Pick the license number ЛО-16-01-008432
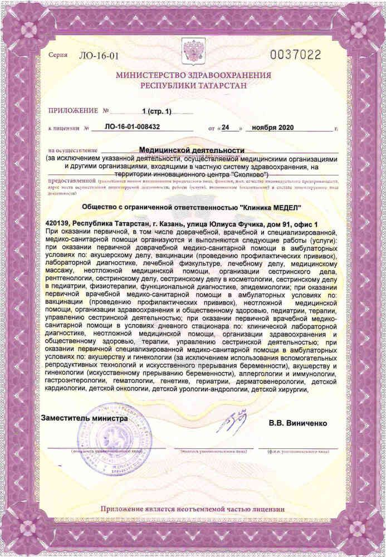(x=133, y=127)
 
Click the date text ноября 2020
(x=272, y=127)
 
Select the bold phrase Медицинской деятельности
(x=192, y=150)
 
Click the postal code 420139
(x=61, y=223)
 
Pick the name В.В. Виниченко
(x=298, y=423)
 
